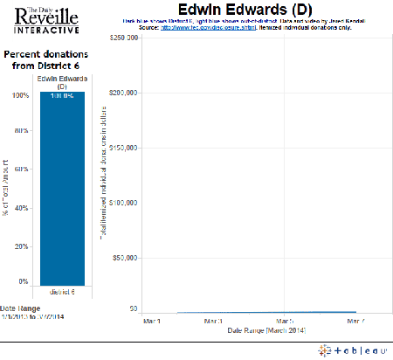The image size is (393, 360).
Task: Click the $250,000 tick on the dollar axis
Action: click(x=120, y=38)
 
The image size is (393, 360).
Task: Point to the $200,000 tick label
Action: click(x=120, y=93)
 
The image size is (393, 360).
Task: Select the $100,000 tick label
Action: click(x=120, y=201)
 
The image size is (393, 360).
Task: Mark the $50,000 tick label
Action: click(x=121, y=255)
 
